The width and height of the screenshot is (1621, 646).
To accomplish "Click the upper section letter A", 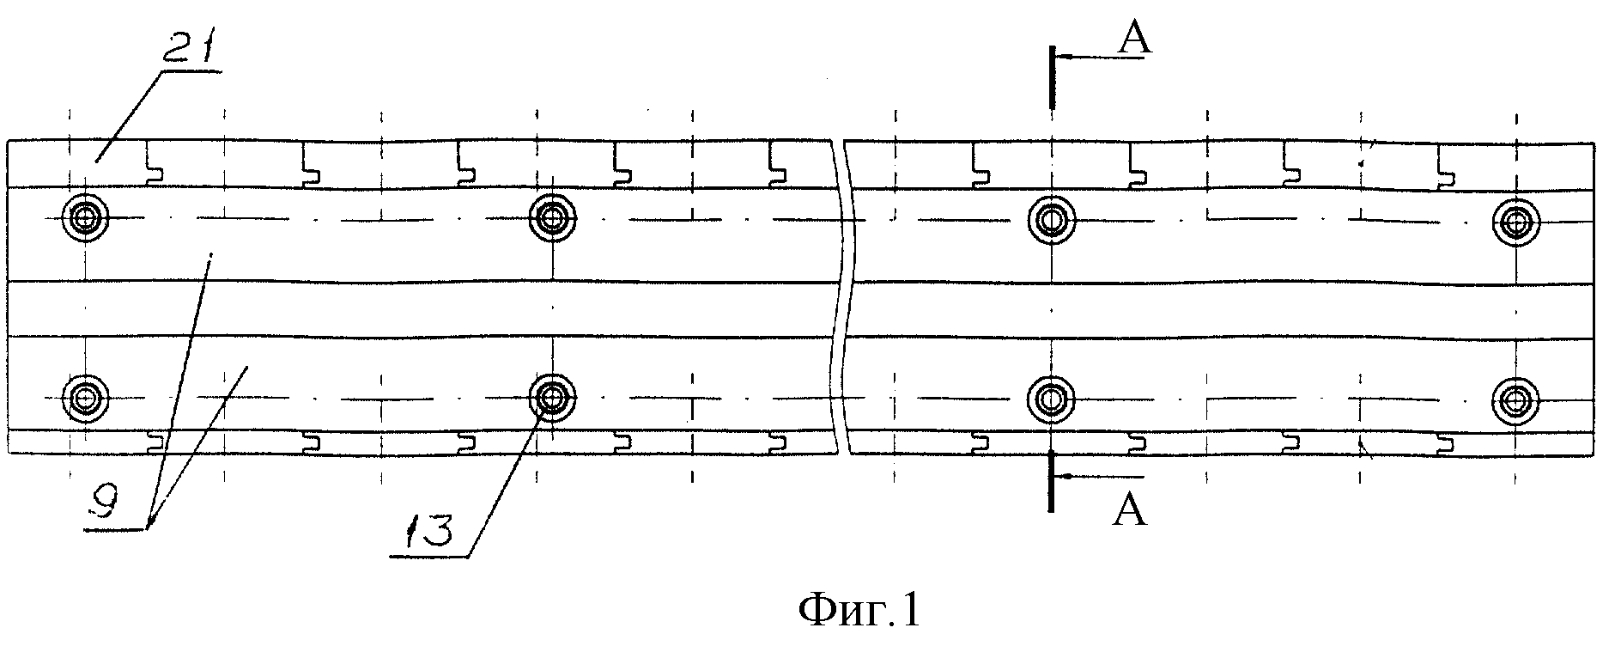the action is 1134,39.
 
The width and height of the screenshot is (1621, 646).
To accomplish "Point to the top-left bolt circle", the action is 86,219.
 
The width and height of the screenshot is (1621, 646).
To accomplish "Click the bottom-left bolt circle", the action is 86,397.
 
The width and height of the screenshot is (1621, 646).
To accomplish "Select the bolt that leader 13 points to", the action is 553,397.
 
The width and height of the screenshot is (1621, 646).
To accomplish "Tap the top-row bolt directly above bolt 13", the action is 553,217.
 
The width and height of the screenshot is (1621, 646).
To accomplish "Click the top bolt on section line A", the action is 1051,219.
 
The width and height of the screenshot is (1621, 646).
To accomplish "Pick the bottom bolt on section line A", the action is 1051,397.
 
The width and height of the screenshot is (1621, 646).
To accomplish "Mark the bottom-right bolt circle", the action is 1516,397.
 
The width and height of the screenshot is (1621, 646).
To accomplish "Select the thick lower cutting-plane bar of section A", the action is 1051,479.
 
